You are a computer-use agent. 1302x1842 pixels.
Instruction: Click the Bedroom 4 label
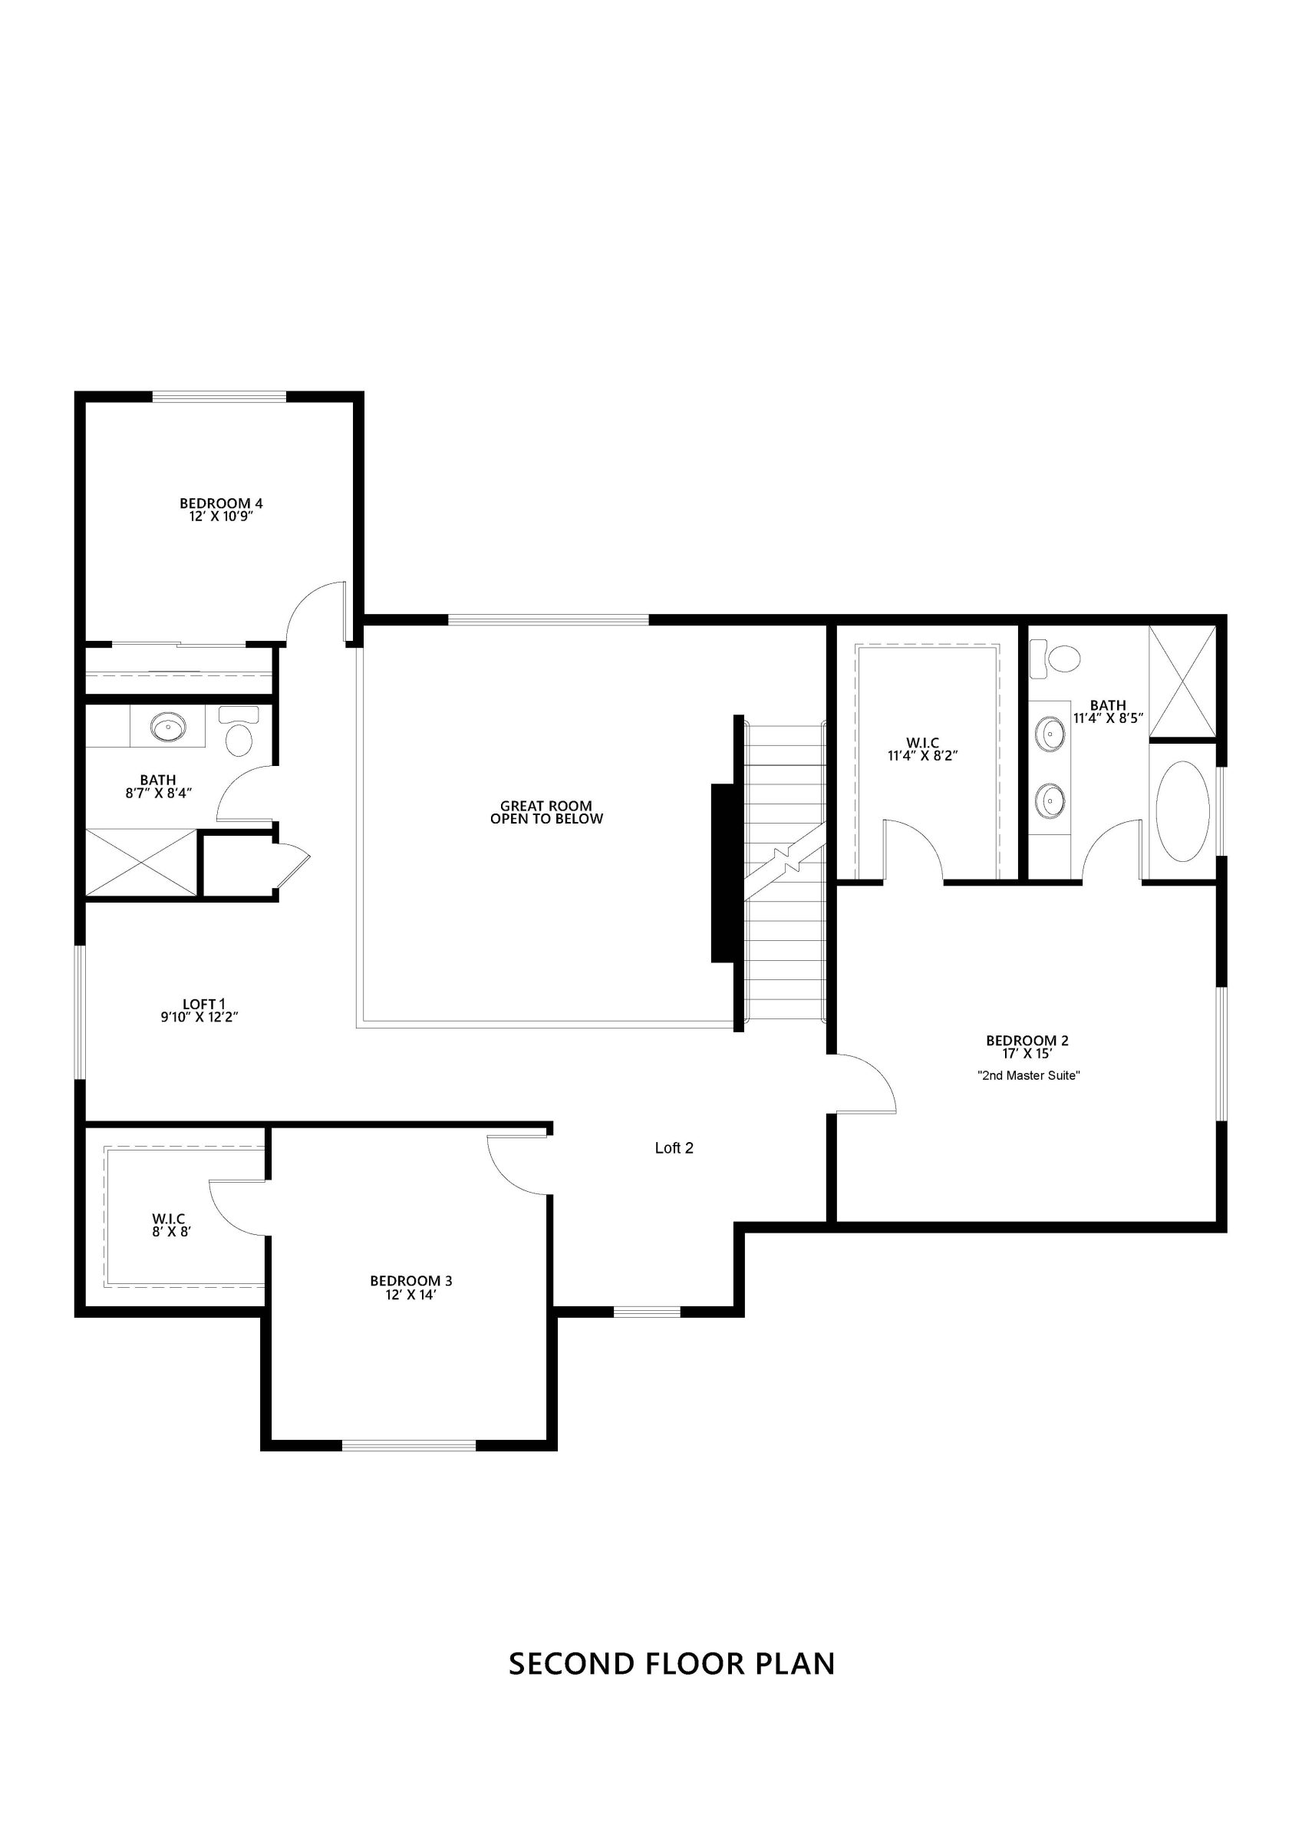tap(222, 503)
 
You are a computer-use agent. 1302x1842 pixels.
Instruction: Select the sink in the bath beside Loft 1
tap(169, 728)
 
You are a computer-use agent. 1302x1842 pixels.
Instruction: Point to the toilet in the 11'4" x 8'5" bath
tap(1056, 656)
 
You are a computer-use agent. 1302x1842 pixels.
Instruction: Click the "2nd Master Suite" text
tap(1028, 1075)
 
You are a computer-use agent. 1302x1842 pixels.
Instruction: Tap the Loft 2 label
tap(674, 1148)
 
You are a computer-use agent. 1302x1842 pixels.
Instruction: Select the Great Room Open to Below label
tap(546, 812)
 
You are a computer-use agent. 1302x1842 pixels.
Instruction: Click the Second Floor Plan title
tap(672, 1663)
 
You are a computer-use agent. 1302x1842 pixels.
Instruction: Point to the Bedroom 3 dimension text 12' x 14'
tap(410, 1295)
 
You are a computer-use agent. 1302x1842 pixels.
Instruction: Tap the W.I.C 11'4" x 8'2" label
tap(922, 748)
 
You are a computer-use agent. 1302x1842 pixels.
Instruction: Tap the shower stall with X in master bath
tap(1182, 681)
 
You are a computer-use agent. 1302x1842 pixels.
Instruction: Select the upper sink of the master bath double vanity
tap(1050, 731)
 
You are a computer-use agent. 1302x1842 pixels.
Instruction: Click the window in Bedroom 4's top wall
tap(219, 395)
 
